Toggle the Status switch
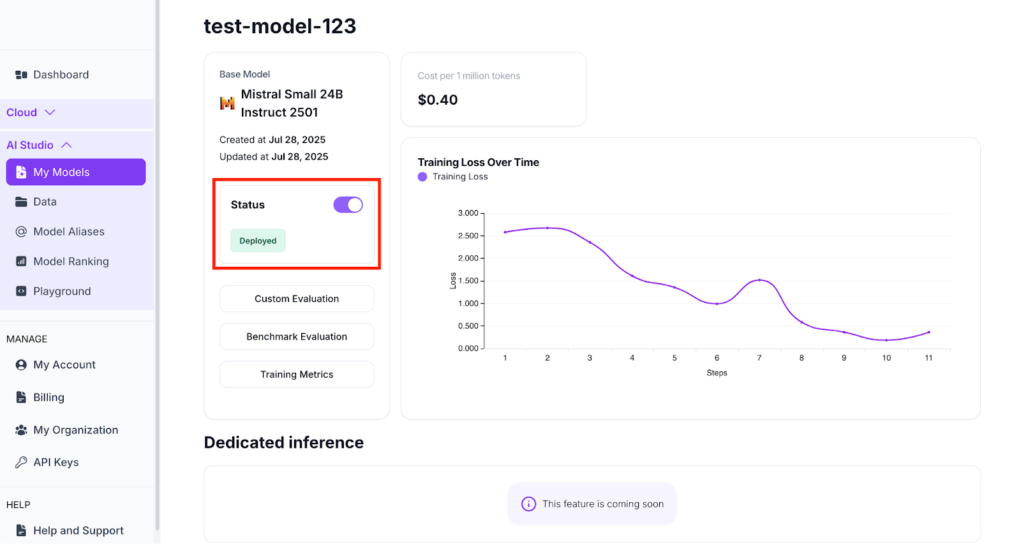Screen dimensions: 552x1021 (348, 205)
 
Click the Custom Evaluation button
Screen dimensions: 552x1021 (297, 299)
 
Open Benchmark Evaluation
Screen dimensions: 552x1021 (297, 336)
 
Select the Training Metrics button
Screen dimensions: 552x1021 (297, 375)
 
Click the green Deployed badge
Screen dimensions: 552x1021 (258, 241)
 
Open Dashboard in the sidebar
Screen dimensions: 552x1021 (61, 75)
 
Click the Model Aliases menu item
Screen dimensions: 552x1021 (68, 232)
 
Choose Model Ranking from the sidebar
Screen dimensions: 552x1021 (71, 262)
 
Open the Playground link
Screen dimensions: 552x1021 (62, 292)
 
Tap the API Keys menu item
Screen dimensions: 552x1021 (56, 463)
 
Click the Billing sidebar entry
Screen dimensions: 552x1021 (48, 398)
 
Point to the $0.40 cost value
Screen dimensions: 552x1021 (438, 100)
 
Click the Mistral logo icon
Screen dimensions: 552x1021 (227, 103)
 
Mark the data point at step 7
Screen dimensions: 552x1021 (759, 280)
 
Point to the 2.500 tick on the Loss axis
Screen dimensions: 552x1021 (468, 236)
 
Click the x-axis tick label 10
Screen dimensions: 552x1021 (886, 358)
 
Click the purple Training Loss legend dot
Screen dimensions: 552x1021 (422, 177)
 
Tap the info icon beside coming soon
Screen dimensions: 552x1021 (528, 504)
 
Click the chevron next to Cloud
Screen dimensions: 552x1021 (50, 112)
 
